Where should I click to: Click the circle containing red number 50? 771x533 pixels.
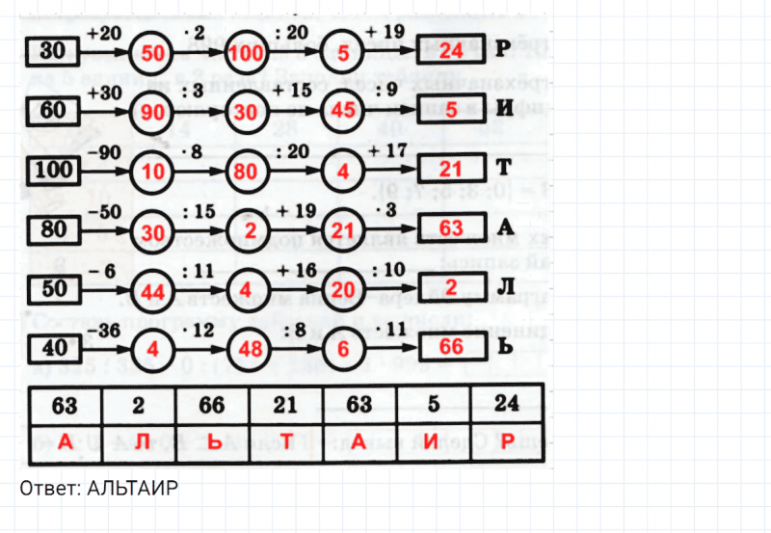coord(152,53)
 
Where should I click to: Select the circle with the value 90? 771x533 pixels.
coord(152,113)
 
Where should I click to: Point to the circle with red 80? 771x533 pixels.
coord(248,173)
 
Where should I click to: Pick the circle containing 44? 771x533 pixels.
coord(152,291)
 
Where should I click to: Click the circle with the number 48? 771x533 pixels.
coord(248,350)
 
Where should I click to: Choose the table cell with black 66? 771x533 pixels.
coord(212,402)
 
